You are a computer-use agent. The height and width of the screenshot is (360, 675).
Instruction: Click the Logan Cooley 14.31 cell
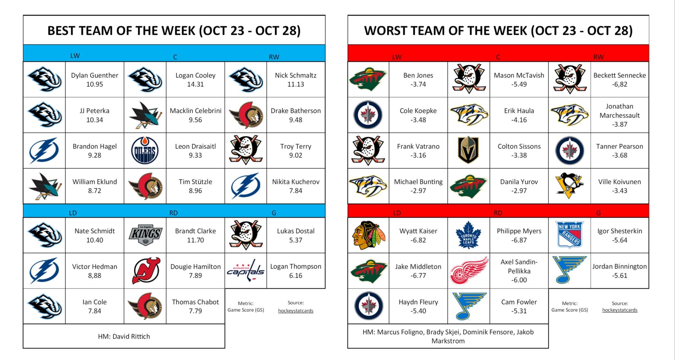[195, 80]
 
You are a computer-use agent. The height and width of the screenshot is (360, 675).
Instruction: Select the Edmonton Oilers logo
[145, 150]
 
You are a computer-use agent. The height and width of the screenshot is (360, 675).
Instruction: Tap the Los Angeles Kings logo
[145, 235]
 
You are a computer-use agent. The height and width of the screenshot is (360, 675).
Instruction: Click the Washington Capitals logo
[246, 271]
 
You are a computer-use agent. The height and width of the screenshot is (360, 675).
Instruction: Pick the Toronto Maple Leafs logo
[468, 235]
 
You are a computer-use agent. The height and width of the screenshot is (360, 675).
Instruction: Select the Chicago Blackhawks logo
[368, 235]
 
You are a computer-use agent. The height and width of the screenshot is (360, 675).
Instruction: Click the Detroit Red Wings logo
[469, 271]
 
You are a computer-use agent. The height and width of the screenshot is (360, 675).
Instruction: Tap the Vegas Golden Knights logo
[468, 150]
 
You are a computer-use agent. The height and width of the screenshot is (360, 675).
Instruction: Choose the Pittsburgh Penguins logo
[569, 185]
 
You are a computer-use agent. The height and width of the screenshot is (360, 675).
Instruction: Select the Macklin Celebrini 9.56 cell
[195, 115]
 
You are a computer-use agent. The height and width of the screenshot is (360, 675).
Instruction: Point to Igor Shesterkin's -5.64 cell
[619, 236]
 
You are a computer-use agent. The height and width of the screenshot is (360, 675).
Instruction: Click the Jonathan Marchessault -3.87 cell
[619, 115]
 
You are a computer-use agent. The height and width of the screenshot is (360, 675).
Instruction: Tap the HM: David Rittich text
[124, 336]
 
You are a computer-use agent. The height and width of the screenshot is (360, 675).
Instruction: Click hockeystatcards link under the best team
[295, 311]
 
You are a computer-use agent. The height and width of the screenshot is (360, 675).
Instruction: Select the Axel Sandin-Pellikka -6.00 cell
[519, 271]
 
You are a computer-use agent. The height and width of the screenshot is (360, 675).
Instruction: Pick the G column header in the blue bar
[274, 213]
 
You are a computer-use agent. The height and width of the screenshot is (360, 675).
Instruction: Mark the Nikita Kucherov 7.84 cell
[296, 186]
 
